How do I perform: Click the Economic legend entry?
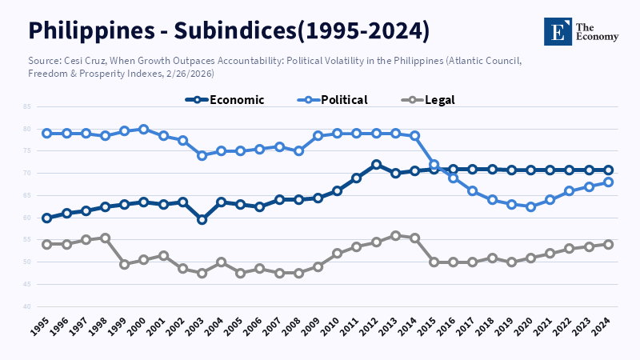pos(225,100)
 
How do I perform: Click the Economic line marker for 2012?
pos(376,164)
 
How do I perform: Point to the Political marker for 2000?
pos(144,129)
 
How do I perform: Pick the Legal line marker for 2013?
pos(395,235)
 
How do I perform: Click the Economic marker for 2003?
pos(202,219)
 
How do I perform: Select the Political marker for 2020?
pos(530,206)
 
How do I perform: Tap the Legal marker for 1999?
pos(125,264)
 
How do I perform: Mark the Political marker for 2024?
pos(608,182)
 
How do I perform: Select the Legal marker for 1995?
pos(47,244)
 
